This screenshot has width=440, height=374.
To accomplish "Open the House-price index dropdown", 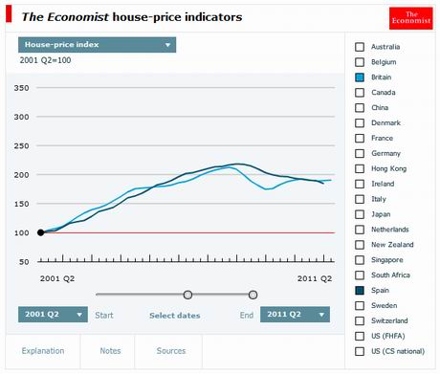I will point(98,44).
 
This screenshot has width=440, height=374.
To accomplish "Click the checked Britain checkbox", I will point(360,77).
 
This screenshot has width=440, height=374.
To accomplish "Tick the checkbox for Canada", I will point(360,92).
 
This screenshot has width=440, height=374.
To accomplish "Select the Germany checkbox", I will point(360,153).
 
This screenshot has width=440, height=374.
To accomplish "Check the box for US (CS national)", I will point(360,351).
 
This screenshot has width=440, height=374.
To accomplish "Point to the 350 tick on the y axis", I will point(21,89).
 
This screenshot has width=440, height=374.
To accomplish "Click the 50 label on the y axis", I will point(24,261).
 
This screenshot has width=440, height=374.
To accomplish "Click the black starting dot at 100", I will point(40,232).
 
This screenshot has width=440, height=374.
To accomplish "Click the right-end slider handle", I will point(253,295).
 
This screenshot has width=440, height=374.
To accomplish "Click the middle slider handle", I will point(187,295).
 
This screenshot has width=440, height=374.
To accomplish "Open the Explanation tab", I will point(43,351).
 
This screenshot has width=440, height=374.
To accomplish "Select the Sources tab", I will point(171,351).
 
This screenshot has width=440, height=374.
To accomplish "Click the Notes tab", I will point(110,351).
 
